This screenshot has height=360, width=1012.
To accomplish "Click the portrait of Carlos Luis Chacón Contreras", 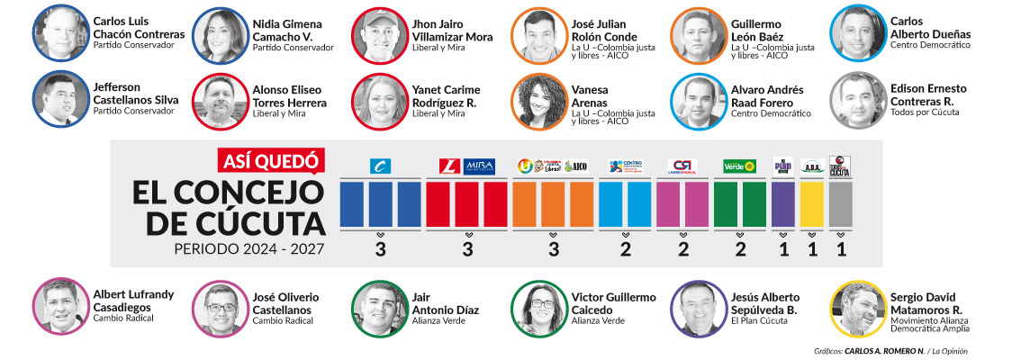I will tap(59, 33).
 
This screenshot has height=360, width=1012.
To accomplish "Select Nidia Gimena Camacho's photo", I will tap(219, 33).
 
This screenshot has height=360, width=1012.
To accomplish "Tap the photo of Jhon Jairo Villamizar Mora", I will tap(378, 33).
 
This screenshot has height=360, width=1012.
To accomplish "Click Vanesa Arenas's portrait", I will tap(538, 101).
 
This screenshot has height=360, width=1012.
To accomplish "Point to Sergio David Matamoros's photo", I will tap(857, 309).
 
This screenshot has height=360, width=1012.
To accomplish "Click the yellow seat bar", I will tap(812, 203).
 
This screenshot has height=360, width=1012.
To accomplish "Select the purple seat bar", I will tap(783, 203).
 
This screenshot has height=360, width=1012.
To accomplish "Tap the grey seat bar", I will tap(840, 203).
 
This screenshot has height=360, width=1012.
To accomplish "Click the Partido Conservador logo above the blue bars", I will tap(380, 166).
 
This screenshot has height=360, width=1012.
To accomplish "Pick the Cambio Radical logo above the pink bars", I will tap(682, 166).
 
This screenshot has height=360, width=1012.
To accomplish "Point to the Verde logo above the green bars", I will tap(740, 166).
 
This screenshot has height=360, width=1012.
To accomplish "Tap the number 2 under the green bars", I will tap(740, 251).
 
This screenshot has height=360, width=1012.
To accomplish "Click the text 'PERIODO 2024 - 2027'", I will tap(250, 248).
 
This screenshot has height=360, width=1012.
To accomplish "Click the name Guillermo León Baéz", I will tap(768, 31).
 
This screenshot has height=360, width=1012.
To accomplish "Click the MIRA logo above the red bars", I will tap(480, 166).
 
